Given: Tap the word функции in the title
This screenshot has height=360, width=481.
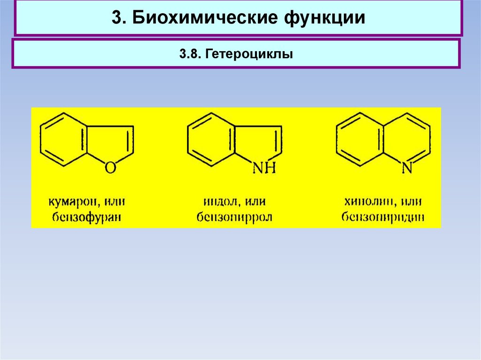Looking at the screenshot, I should coord(324,18).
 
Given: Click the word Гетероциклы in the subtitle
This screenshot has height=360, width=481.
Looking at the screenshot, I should coord(248,54).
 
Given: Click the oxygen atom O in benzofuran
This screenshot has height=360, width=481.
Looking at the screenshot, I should coord(109,168).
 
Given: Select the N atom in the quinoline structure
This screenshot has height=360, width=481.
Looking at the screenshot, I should coord(407,168).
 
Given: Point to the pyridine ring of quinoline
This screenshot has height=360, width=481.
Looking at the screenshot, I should coord(407,139).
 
